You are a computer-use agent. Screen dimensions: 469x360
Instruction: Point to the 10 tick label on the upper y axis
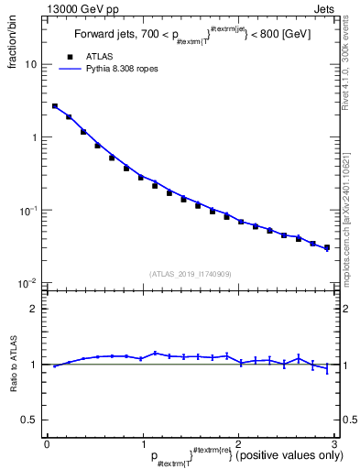click(x=31, y=65)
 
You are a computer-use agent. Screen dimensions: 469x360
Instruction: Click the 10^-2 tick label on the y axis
click(x=28, y=282)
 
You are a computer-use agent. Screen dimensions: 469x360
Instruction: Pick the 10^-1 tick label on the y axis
click(x=28, y=210)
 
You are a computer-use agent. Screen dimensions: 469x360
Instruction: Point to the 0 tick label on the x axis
click(x=46, y=443)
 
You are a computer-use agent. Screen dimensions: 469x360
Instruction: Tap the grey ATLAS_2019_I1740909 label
click(x=190, y=274)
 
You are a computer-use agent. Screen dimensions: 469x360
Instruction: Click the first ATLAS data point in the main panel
click(x=55, y=106)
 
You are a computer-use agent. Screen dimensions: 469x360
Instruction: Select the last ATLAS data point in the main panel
click(x=326, y=247)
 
